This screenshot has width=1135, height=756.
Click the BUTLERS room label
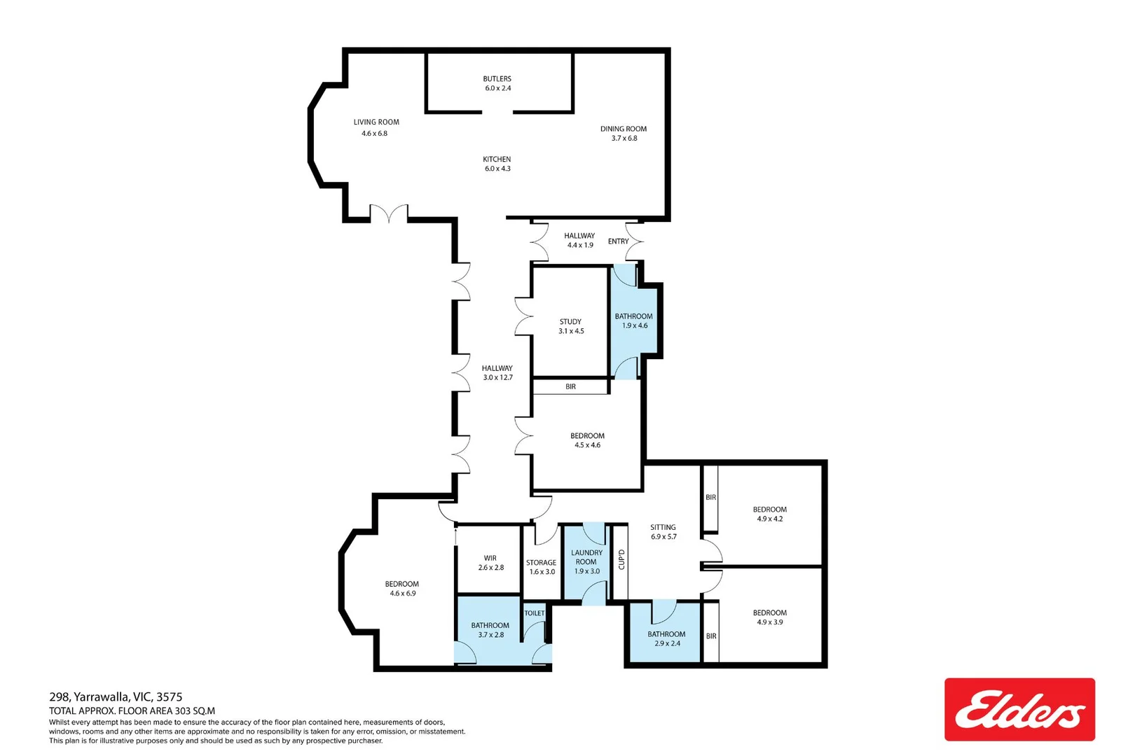(497, 79)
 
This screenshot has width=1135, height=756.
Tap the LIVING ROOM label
(376, 122)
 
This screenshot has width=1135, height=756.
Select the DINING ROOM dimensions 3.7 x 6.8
(624, 139)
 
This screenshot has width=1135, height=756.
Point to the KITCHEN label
(497, 160)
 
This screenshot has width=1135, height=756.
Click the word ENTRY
(618, 241)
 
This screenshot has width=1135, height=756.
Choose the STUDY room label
(570, 322)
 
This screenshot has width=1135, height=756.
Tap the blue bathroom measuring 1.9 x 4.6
(634, 321)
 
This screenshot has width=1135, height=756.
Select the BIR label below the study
(570, 386)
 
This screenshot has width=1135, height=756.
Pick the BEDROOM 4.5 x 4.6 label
(587, 436)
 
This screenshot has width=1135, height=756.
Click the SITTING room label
(663, 528)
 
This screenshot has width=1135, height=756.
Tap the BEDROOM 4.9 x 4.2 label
(769, 510)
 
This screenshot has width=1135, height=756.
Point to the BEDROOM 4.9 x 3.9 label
(769, 613)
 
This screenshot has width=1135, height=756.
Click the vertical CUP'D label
(621, 559)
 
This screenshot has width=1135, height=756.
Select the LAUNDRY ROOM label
(586, 557)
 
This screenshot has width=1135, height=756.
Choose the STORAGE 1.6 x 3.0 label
(541, 563)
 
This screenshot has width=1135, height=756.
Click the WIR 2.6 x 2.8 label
(490, 559)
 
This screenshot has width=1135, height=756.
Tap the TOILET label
(535, 613)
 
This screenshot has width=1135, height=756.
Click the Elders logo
(1019, 709)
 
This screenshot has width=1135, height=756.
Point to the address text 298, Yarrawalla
(116, 696)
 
